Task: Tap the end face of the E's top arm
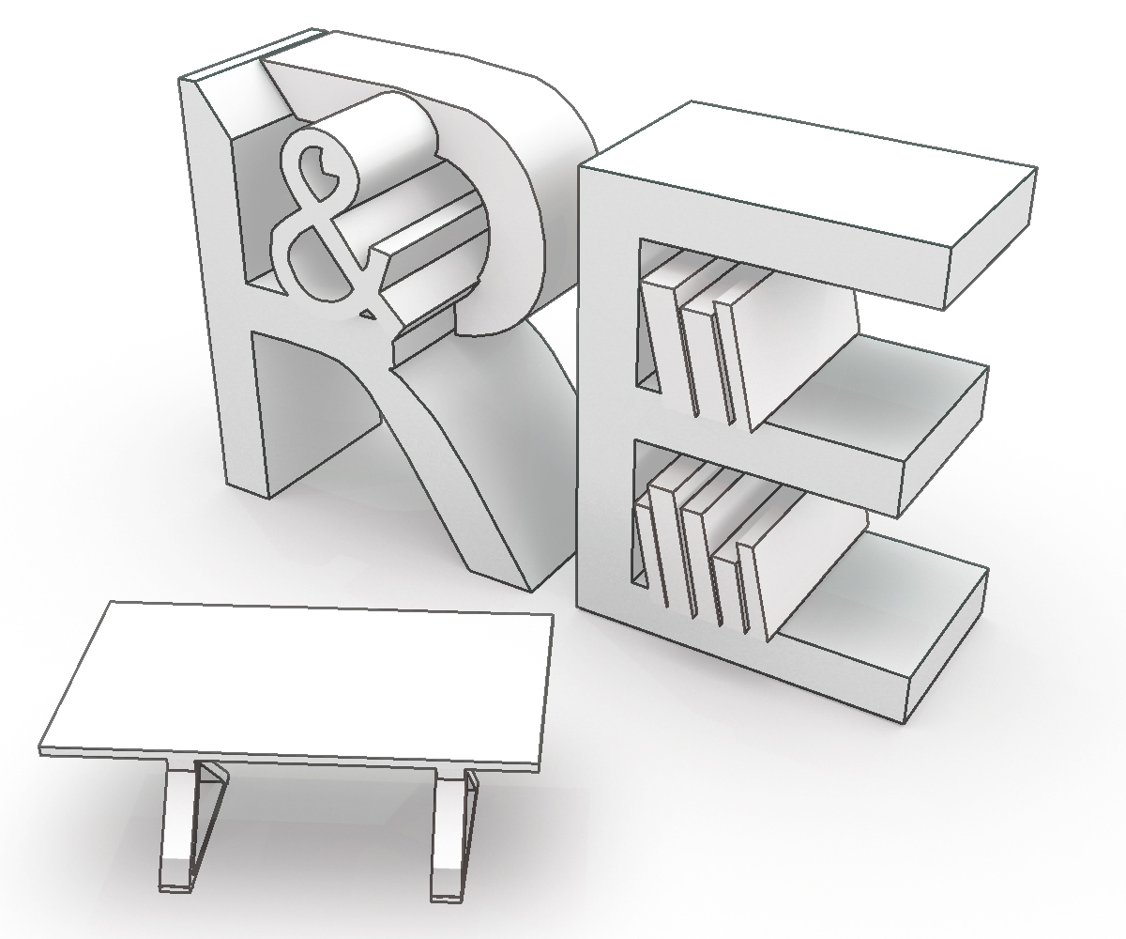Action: pyautogui.click(x=991, y=239)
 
